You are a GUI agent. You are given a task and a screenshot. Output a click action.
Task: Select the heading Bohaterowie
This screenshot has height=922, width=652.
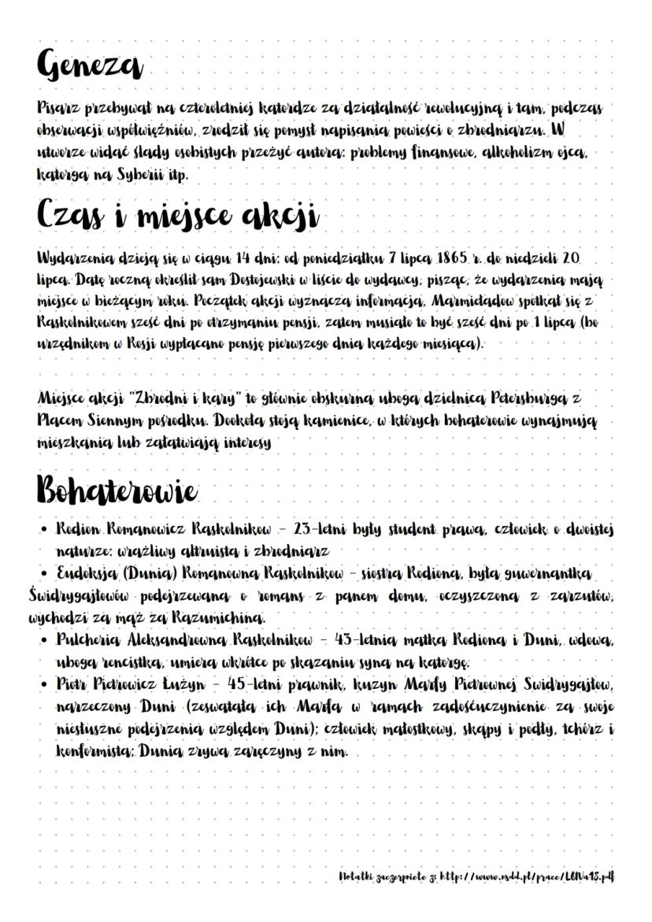(x=117, y=492)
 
